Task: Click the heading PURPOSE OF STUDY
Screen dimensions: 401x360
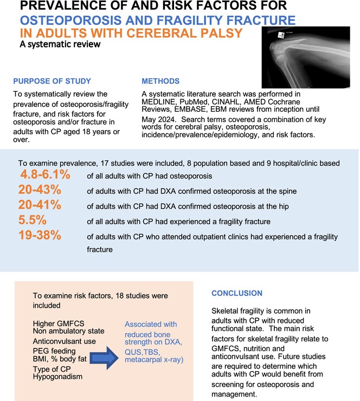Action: coord(53,81)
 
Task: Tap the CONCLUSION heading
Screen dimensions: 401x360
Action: coord(237,293)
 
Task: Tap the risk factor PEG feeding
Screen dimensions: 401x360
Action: coord(55,353)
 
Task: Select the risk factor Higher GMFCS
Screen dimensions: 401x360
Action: coord(60,323)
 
